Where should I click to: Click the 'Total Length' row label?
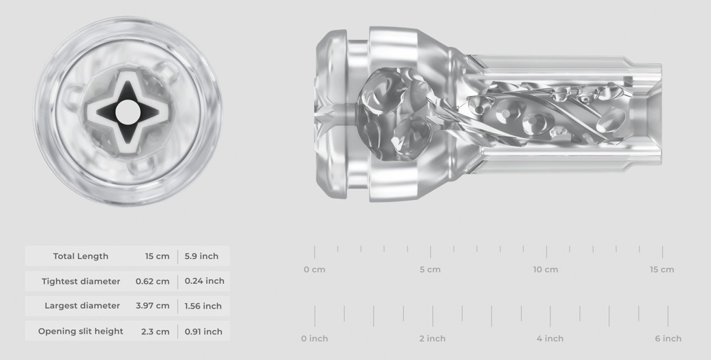(x=80, y=256)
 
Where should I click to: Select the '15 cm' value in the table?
(x=157, y=256)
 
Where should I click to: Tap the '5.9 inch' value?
(x=201, y=256)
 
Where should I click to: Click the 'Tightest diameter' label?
(x=80, y=281)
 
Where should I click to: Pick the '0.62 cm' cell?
(x=152, y=281)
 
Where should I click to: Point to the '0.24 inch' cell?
(x=204, y=281)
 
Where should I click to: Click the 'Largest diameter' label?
(x=82, y=306)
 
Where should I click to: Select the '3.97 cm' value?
(x=152, y=306)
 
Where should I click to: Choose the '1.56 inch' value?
(x=203, y=306)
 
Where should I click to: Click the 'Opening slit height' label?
(x=80, y=331)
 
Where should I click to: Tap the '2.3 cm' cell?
(x=154, y=331)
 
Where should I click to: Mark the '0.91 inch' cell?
(x=203, y=331)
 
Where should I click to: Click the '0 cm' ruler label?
(x=314, y=270)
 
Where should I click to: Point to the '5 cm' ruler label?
(x=430, y=270)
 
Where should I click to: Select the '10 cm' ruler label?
(x=545, y=270)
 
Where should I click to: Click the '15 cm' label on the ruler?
(x=662, y=270)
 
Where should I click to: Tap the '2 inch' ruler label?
(x=432, y=339)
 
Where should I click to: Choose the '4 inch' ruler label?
(x=550, y=339)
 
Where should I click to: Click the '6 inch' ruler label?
(x=668, y=339)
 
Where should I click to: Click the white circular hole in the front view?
(x=128, y=112)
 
